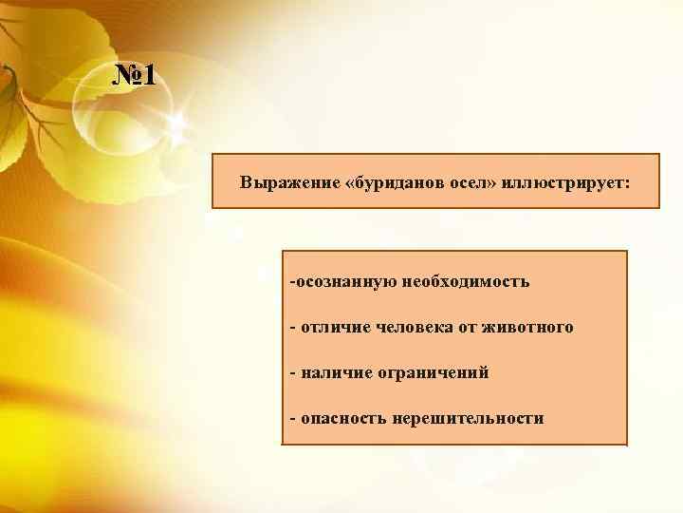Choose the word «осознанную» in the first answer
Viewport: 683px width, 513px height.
(345, 282)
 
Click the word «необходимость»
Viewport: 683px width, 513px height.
(466, 282)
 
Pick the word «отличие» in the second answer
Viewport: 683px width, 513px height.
(333, 328)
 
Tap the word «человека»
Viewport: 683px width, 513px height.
(414, 328)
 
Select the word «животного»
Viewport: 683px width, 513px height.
(528, 328)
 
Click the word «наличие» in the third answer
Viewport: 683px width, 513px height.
(333, 373)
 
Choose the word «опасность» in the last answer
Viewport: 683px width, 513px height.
(342, 418)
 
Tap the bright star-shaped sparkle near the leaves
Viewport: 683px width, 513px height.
(175, 121)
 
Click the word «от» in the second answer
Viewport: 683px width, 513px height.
(467, 328)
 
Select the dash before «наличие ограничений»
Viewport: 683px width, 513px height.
(293, 373)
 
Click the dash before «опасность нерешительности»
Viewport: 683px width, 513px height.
(293, 418)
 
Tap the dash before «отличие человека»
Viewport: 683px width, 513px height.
(293, 328)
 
